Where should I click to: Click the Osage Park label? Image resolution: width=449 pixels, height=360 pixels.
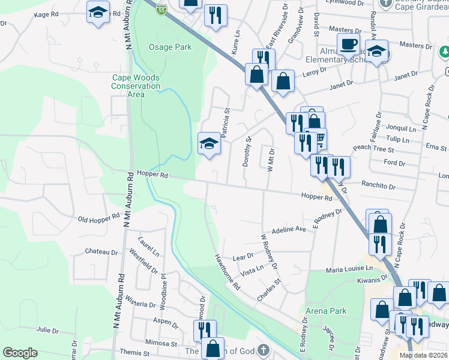point(170,47)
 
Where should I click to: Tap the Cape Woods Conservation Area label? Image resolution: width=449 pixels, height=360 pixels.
point(136,86)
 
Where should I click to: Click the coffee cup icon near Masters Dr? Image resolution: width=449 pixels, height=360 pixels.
point(348,44)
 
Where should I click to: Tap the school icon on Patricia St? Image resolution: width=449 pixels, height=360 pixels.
point(208,143)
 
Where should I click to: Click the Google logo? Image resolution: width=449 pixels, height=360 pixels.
point(20,353)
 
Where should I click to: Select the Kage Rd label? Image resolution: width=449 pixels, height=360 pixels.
point(46,14)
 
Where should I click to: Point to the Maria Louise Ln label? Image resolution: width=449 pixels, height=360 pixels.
point(349,269)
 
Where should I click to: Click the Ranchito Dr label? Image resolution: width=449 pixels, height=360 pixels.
point(378,187)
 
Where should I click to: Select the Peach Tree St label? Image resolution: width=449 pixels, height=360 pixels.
point(373,148)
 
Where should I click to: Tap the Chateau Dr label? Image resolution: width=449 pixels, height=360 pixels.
point(100,252)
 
